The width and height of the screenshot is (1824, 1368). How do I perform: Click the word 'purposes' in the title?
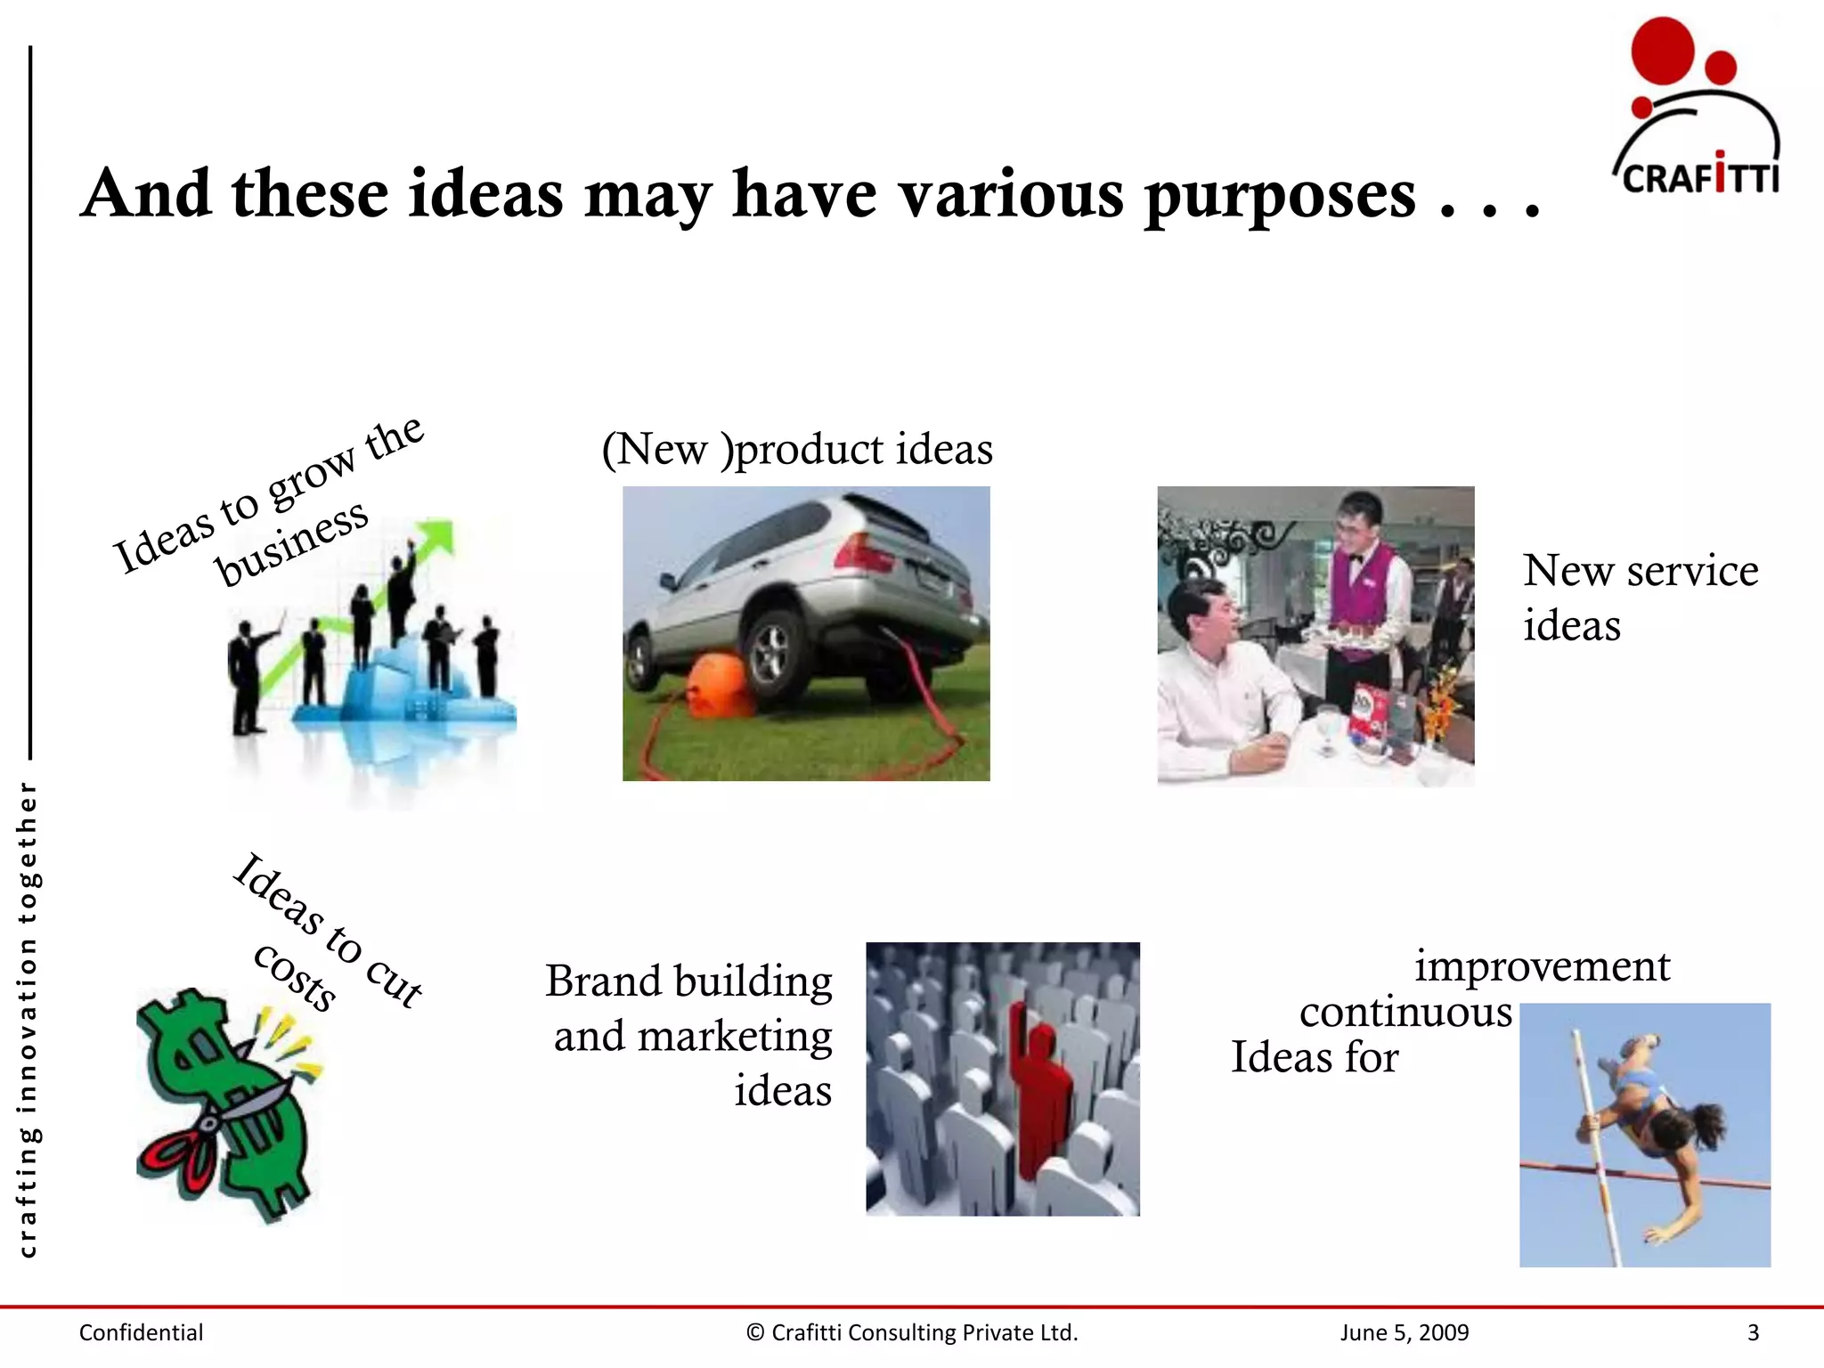[x=1279, y=194]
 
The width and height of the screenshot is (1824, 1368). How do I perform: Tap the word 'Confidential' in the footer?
[x=141, y=1332]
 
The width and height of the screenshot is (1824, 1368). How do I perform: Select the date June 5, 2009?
[x=1404, y=1332]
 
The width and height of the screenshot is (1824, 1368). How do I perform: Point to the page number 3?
[x=1753, y=1332]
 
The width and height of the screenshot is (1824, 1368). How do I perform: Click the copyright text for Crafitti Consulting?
[x=912, y=1332]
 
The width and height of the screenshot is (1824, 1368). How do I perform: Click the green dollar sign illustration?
[x=223, y=1104]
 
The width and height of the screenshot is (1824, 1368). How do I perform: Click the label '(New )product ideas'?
[x=797, y=449]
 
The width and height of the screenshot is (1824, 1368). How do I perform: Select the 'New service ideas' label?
[x=1639, y=597]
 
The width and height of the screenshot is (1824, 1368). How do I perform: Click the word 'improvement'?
[x=1543, y=965]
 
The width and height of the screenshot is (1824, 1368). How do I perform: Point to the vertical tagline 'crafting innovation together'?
[x=28, y=1020]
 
